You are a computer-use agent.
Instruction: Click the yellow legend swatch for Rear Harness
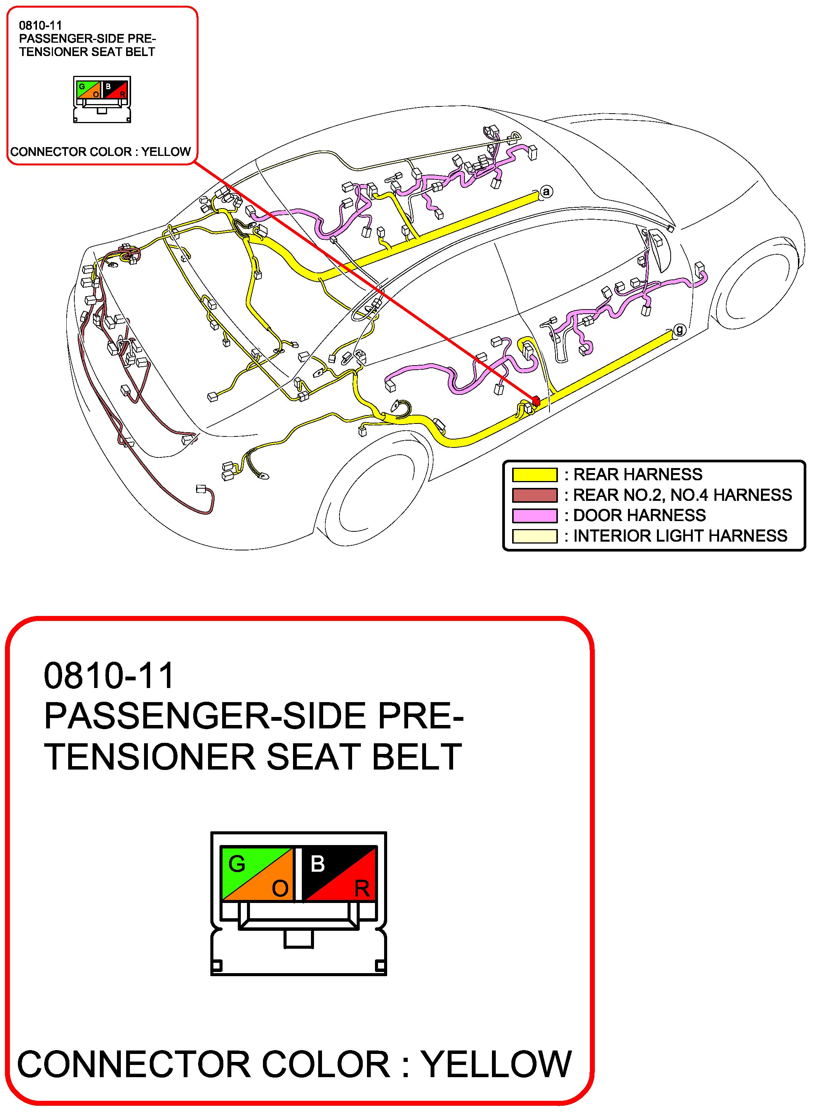tap(535, 475)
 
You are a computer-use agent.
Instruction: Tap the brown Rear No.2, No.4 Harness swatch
tap(535, 495)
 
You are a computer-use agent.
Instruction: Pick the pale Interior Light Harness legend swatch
tap(535, 536)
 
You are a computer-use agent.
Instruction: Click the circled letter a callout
tap(546, 191)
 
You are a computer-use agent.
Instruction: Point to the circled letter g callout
tap(680, 329)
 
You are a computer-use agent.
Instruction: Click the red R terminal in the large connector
tap(359, 888)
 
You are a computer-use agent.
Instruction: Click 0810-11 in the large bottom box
tap(109, 676)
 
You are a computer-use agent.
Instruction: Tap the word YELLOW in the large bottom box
tap(496, 1065)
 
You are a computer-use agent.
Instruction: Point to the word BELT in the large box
tap(417, 757)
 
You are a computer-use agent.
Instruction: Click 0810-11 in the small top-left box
tap(40, 25)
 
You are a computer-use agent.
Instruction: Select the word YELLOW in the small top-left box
tap(166, 151)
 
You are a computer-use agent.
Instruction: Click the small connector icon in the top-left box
tap(102, 99)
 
